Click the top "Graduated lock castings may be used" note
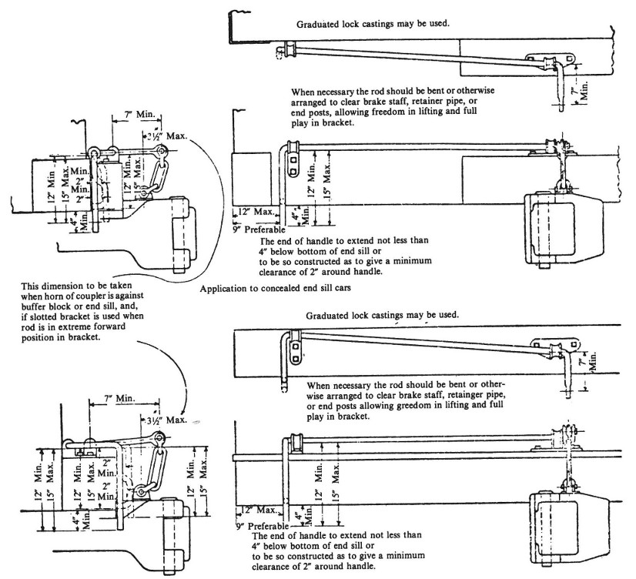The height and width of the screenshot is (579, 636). click(373, 24)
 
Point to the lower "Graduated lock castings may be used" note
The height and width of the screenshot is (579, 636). click(383, 316)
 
